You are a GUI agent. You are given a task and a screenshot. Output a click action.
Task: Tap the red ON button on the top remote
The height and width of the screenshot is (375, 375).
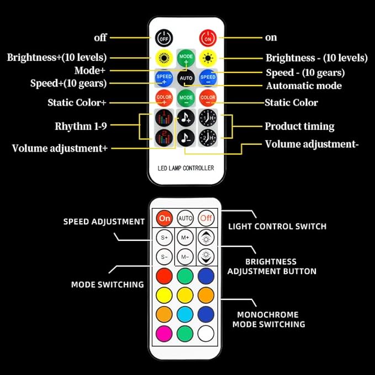click(x=208, y=38)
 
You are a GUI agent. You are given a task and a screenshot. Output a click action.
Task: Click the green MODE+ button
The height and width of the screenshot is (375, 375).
click(x=186, y=58)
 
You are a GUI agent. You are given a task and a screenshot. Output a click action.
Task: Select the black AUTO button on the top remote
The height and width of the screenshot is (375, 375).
click(x=186, y=78)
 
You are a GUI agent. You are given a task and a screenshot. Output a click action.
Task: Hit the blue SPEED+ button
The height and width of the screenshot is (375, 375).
click(x=164, y=78)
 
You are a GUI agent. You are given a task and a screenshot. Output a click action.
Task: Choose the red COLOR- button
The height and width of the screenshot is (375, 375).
click(x=208, y=98)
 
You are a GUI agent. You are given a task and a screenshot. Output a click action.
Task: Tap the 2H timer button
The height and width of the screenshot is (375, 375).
click(x=208, y=138)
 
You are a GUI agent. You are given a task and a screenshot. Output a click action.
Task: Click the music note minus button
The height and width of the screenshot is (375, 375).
click(x=186, y=138)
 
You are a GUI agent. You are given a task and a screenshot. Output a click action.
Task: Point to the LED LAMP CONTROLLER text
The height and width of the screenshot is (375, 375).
click(x=186, y=168)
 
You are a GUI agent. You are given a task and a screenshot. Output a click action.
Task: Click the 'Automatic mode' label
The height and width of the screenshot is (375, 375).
click(x=304, y=86)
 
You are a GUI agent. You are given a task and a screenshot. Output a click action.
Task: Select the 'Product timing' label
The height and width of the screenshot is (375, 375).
click(x=300, y=126)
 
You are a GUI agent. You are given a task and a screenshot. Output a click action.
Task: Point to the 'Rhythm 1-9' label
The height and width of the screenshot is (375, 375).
click(x=81, y=126)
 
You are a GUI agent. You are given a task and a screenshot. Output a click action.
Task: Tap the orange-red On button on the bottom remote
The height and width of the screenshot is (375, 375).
click(x=164, y=218)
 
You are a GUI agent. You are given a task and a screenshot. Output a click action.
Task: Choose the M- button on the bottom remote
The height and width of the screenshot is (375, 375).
click(x=185, y=257)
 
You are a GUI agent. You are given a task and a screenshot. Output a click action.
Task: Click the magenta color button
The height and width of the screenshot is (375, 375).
click(x=164, y=334)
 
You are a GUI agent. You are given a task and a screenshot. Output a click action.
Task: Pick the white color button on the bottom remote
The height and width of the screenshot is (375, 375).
click(x=206, y=334)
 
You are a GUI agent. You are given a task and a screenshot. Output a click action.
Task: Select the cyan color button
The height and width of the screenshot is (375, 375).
click(x=185, y=314)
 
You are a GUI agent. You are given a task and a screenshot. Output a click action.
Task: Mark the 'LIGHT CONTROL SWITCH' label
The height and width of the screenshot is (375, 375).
click(x=277, y=226)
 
